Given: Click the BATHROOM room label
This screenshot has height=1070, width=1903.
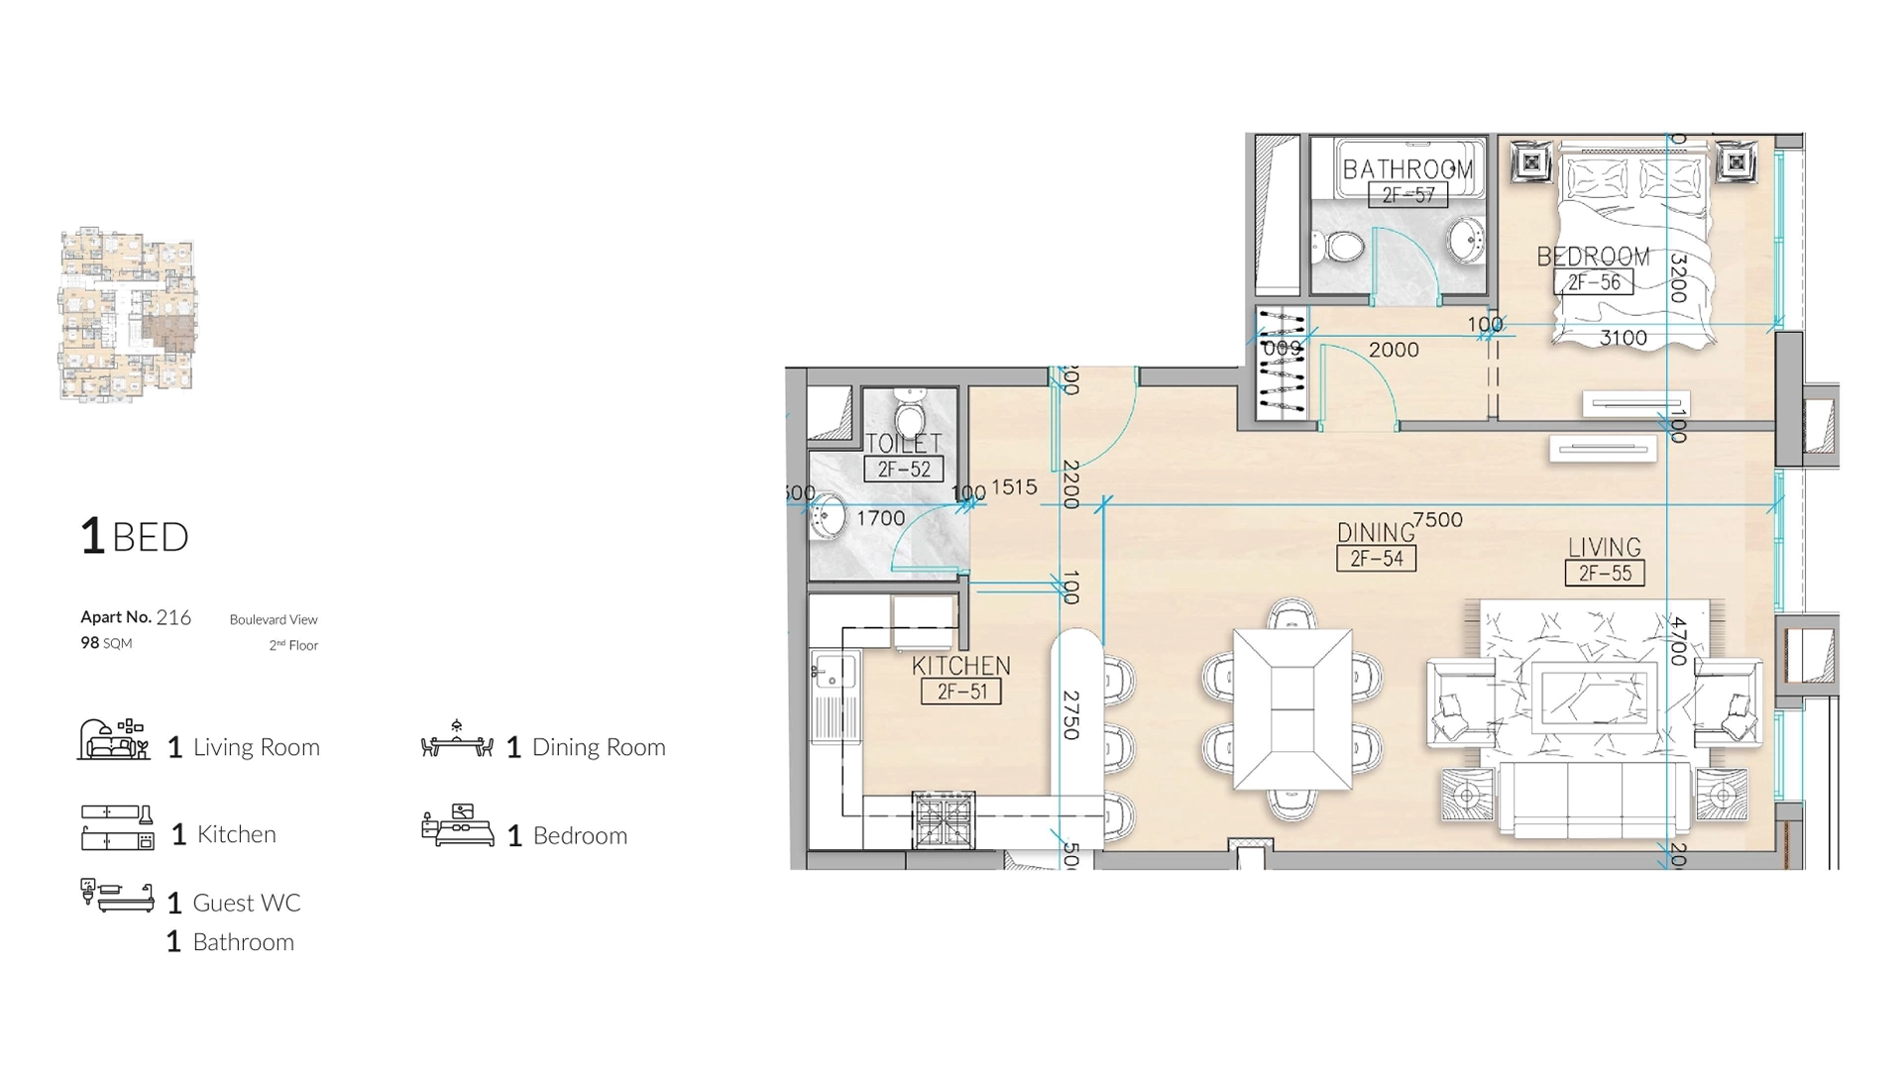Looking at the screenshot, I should [1407, 169].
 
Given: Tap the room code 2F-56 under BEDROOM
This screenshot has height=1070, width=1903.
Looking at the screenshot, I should [1594, 282].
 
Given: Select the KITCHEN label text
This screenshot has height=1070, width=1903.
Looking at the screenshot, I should [960, 666].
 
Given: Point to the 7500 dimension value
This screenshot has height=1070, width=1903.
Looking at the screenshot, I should [1437, 519].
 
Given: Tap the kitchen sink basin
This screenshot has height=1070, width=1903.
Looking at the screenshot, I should [835, 671].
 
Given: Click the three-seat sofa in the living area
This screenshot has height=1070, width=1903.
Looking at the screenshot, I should [1594, 797].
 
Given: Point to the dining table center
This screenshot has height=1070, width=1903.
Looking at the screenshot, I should [1292, 709].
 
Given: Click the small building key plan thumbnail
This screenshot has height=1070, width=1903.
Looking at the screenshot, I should [127, 315].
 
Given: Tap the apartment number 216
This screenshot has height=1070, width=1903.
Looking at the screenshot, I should [173, 617].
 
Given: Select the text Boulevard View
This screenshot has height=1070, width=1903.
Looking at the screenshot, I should [274, 619].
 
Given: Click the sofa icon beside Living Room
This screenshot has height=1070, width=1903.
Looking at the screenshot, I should [113, 740].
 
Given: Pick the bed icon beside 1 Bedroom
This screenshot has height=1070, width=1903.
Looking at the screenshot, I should [457, 826].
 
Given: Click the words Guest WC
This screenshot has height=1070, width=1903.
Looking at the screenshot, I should [246, 903].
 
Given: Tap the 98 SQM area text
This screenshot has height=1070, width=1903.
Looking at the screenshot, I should [106, 643].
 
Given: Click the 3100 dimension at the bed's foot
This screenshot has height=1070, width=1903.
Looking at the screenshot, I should [1623, 338].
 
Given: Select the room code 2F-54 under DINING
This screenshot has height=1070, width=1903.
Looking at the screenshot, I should [1376, 559].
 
